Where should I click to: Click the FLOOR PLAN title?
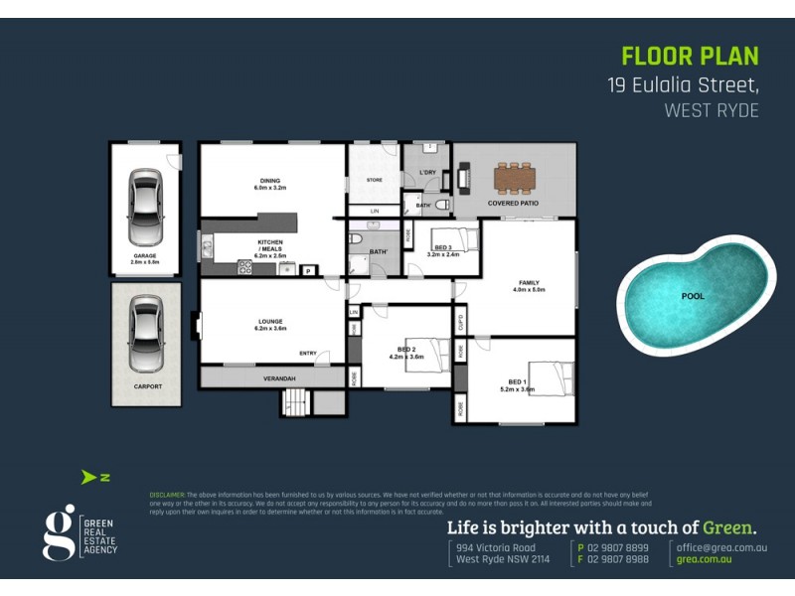coord(690,57)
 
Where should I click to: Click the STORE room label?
coord(374,180)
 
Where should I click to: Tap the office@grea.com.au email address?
coord(722,547)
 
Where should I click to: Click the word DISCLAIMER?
coord(167,494)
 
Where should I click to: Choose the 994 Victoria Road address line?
coord(496,547)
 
